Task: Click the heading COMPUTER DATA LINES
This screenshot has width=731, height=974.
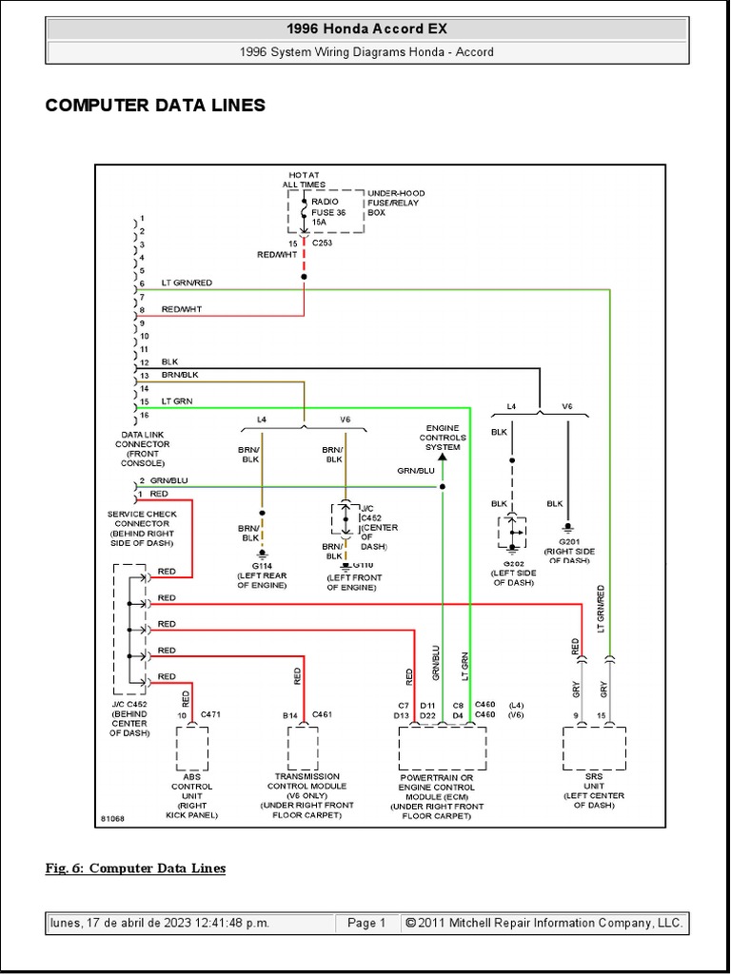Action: point(155,106)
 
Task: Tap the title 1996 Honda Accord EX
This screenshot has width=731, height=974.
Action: point(366,29)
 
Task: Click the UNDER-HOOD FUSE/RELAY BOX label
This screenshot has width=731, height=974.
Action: point(394,203)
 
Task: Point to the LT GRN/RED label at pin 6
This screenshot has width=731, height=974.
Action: point(187,282)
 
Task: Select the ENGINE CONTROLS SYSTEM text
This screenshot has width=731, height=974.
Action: point(443,438)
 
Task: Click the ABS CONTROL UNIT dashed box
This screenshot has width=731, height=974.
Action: point(192,748)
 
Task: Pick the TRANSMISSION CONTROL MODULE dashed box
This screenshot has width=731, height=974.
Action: point(304,748)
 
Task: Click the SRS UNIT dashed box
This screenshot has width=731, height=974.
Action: point(594,748)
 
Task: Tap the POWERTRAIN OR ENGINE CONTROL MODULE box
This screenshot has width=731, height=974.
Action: point(442,748)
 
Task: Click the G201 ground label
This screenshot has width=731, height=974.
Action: point(570,542)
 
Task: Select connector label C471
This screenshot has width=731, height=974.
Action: point(210,714)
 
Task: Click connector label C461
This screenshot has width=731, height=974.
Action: point(322,714)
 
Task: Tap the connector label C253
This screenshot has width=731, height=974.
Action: point(323,243)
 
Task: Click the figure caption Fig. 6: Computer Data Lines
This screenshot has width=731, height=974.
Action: point(135,867)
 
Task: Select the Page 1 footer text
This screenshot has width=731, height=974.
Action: point(366,923)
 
